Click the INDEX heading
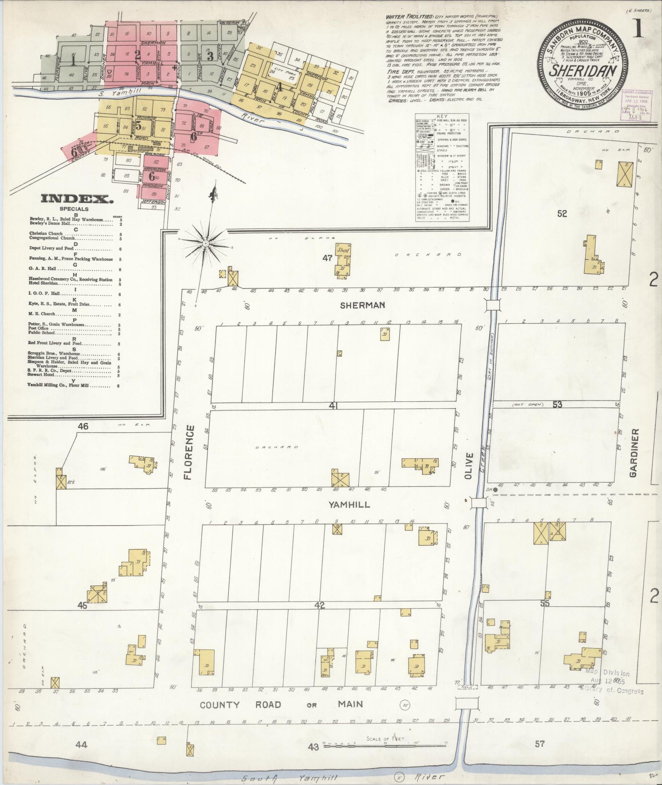[x=78, y=200]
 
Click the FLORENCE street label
[x=188, y=453]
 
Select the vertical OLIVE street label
[x=470, y=467]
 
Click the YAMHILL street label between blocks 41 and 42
[x=349, y=505]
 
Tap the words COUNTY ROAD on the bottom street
[x=241, y=705]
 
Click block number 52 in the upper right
[x=562, y=214]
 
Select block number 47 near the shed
[x=327, y=258]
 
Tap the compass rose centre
[x=205, y=244]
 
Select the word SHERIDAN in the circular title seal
[x=582, y=70]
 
